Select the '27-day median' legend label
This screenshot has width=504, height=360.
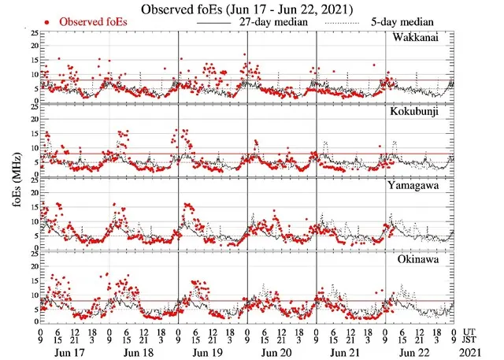(273, 22)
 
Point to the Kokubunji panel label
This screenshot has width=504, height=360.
(423, 111)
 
